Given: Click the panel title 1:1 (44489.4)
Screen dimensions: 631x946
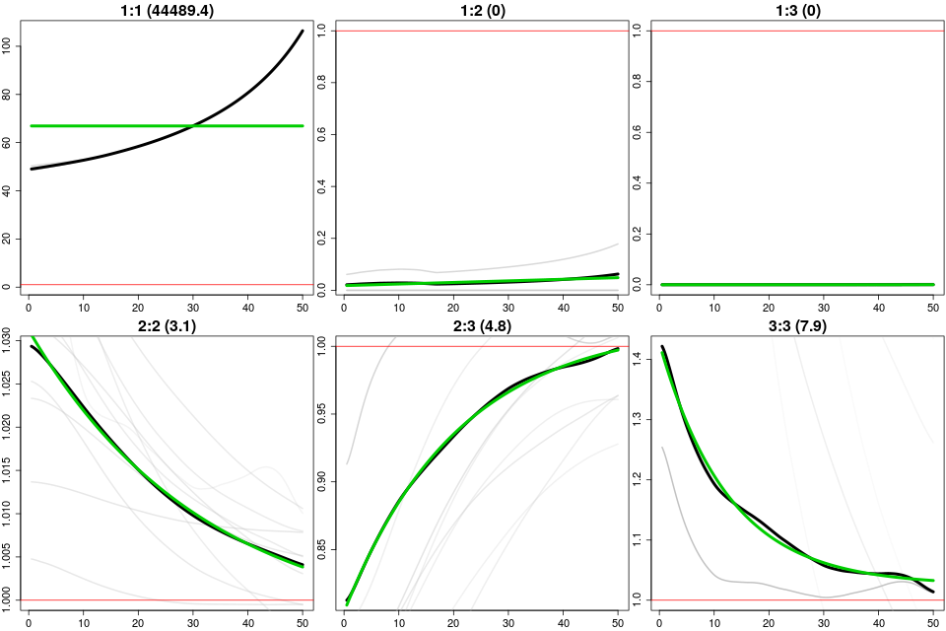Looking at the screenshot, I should (x=165, y=11).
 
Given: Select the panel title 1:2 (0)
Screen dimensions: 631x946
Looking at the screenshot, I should (x=480, y=11).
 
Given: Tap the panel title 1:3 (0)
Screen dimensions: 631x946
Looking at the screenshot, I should (x=795, y=11).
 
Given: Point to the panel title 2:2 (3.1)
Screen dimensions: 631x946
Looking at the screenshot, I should (x=165, y=326).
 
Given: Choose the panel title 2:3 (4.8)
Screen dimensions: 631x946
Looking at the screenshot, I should (x=480, y=326).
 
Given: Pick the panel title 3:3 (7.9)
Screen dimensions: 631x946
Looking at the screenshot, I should (x=795, y=326).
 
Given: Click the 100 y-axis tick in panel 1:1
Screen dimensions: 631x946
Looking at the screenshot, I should (x=10, y=45).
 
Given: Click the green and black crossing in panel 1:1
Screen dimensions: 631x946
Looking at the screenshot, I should (x=194, y=126).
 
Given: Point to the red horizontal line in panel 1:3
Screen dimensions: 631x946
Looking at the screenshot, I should (x=795, y=31).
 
